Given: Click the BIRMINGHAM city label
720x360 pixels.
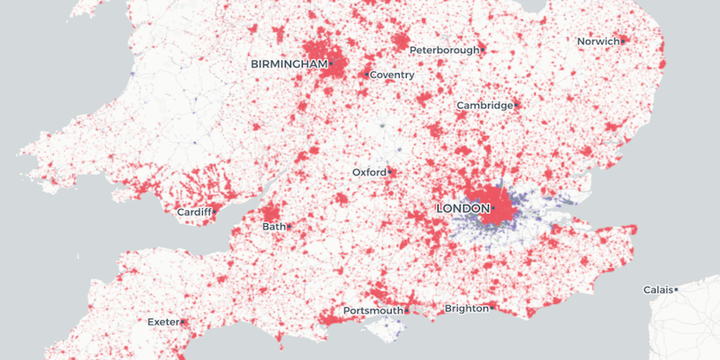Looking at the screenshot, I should [x=289, y=64].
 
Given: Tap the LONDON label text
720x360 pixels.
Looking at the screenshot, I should [x=462, y=208].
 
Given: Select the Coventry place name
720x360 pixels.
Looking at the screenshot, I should [x=392, y=75].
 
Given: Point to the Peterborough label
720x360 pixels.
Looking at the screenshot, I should [x=445, y=50].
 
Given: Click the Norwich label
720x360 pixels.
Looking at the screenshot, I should [x=597, y=41].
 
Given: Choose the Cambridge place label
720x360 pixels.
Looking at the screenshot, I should [x=484, y=106].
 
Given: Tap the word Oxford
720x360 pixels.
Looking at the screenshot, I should [x=369, y=172].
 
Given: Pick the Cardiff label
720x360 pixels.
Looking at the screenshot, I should [x=194, y=213].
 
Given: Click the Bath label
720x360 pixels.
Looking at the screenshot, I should [x=274, y=227].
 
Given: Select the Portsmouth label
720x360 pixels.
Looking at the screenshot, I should [x=372, y=311].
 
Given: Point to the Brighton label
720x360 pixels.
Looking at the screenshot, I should [x=466, y=309].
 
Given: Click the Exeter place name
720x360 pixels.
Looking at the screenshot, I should [x=163, y=322].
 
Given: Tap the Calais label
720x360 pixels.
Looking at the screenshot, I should [x=657, y=289].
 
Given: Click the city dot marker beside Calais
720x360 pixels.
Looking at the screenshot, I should [x=676, y=289].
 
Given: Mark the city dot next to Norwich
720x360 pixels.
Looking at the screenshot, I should [x=623, y=41].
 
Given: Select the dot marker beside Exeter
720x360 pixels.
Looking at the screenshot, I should [x=183, y=322].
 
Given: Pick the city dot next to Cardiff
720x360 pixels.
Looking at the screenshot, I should [x=214, y=212].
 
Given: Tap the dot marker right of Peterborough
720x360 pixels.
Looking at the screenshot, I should [x=484, y=50].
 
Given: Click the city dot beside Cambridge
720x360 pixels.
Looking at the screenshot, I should [x=516, y=106].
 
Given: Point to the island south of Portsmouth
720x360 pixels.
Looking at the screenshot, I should [x=381, y=329].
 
